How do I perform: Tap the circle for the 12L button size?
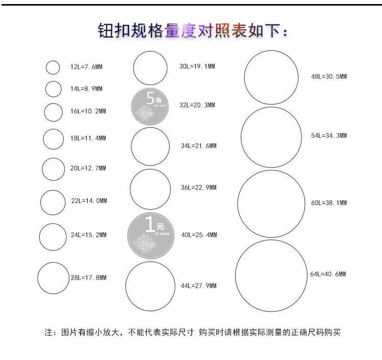(53, 67)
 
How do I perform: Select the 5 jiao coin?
(150, 106)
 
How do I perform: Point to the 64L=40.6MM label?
(328, 274)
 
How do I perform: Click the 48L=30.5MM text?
(329, 77)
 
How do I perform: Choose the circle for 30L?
(150, 68)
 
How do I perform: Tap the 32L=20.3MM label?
(197, 105)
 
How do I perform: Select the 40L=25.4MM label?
(199, 235)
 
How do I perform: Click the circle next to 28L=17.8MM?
(53, 278)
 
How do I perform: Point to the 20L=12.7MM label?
(88, 169)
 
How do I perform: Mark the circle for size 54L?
(271, 137)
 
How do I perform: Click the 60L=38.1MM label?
(329, 203)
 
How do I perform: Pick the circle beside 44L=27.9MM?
(150, 286)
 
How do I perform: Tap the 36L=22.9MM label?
(199, 188)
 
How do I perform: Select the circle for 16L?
(53, 112)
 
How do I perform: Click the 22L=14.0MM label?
(89, 201)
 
